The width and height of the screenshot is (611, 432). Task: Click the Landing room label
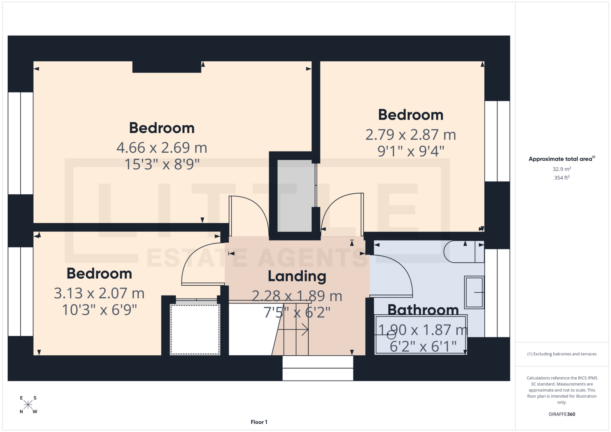297,276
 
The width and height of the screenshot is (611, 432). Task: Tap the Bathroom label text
423,310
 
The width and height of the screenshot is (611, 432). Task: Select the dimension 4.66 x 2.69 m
162,148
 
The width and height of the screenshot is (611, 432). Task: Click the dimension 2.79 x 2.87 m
411,135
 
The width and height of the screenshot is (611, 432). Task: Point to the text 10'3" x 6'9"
99,310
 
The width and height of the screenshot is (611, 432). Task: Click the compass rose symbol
28,405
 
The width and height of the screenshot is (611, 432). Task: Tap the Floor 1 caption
259,422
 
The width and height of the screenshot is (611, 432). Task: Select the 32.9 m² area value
562,169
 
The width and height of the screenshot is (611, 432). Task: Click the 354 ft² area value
562,178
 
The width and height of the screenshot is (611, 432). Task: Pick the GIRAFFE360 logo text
562,414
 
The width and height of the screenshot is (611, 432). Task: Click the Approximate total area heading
562,159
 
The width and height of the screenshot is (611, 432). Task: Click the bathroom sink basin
474,292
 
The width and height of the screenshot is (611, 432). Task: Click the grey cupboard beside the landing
295,196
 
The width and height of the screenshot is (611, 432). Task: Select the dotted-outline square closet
195,330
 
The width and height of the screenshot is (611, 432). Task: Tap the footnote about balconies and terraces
562,354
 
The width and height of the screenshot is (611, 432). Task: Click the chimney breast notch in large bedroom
167,67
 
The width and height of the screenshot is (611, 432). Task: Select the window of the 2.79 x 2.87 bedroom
497,141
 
